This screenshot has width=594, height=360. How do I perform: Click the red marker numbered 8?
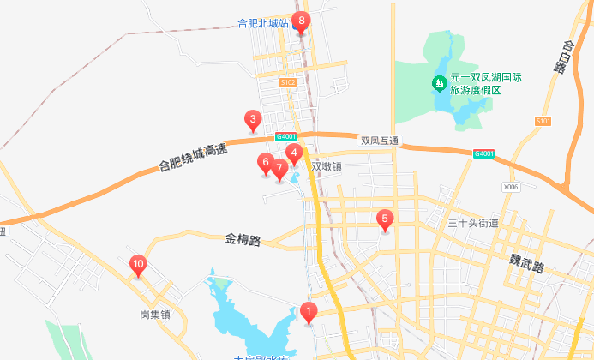click(x=301, y=21)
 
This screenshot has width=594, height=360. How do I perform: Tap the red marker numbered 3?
click(x=252, y=120)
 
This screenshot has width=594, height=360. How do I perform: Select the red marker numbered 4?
click(x=294, y=154)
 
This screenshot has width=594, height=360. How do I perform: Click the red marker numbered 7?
click(x=279, y=168)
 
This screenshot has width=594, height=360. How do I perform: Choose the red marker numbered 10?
click(x=137, y=266)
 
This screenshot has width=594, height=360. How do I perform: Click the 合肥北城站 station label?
click(x=263, y=23)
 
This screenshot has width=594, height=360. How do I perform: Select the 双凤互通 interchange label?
click(x=380, y=141)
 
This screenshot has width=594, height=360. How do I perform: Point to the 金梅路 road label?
click(x=243, y=240)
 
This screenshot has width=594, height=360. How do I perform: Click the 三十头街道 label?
click(x=473, y=223)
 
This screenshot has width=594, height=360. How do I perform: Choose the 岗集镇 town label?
click(x=155, y=315)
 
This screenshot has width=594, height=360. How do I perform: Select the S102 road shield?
click(x=288, y=83)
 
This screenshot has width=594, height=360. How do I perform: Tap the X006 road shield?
click(x=512, y=186)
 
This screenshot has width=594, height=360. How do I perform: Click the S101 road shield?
click(x=542, y=122)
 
